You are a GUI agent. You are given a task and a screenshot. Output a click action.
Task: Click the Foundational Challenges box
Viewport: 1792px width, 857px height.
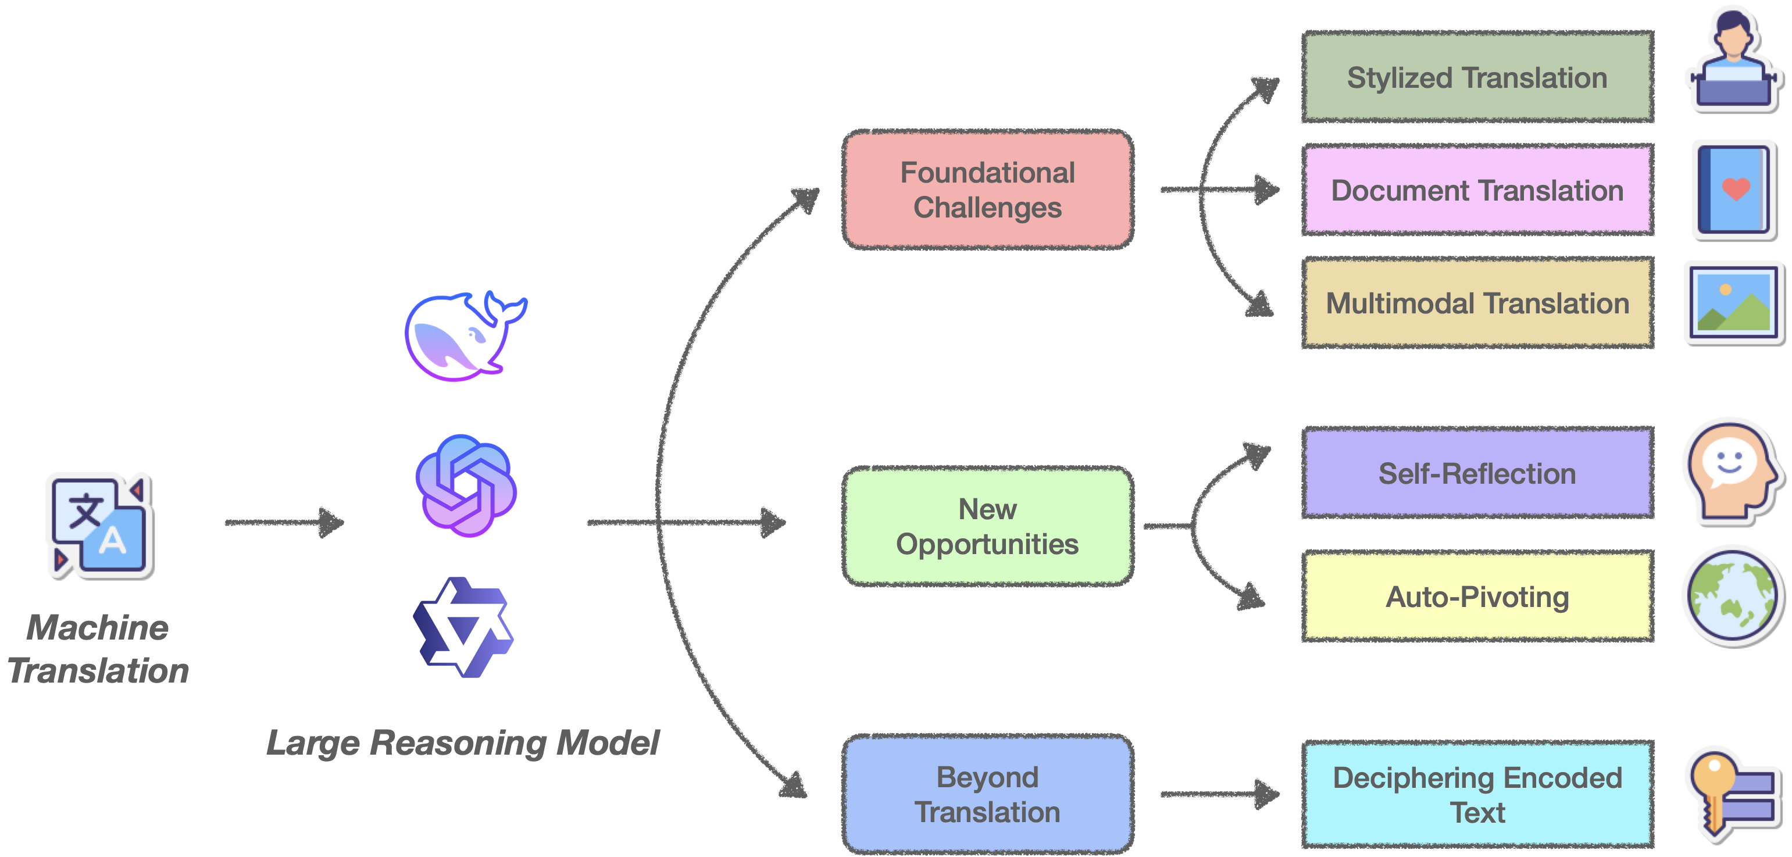tap(988, 189)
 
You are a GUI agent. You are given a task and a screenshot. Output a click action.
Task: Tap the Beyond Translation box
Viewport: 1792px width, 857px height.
tap(988, 794)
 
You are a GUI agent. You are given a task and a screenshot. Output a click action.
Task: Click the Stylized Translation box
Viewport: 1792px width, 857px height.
tap(1477, 77)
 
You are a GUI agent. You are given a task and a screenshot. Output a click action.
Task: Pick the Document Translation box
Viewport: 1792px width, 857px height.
tap(1477, 190)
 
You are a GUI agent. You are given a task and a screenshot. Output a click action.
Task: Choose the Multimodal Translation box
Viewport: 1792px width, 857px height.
tap(1477, 303)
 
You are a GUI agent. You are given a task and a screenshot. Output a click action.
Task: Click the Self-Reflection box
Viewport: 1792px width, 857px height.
tap(1477, 473)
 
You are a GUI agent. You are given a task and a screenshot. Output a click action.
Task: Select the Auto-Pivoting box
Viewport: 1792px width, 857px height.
tap(1477, 596)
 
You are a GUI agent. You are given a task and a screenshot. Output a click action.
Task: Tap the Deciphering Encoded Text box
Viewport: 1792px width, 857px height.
tap(1477, 794)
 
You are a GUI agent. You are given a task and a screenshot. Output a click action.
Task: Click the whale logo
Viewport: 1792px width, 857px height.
tap(463, 337)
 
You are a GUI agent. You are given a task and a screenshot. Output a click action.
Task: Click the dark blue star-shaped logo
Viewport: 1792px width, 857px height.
tap(463, 628)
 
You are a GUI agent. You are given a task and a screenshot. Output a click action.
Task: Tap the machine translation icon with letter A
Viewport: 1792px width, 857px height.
tap(99, 524)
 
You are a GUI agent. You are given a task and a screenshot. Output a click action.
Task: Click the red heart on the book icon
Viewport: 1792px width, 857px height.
tap(1736, 188)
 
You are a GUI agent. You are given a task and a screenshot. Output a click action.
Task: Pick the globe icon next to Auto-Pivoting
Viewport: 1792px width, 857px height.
tap(1732, 595)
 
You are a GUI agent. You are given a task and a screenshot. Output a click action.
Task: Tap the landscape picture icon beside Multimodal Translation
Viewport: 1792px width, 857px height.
tap(1733, 302)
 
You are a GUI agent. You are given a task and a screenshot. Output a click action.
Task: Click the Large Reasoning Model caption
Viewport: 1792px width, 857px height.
tap(463, 742)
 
